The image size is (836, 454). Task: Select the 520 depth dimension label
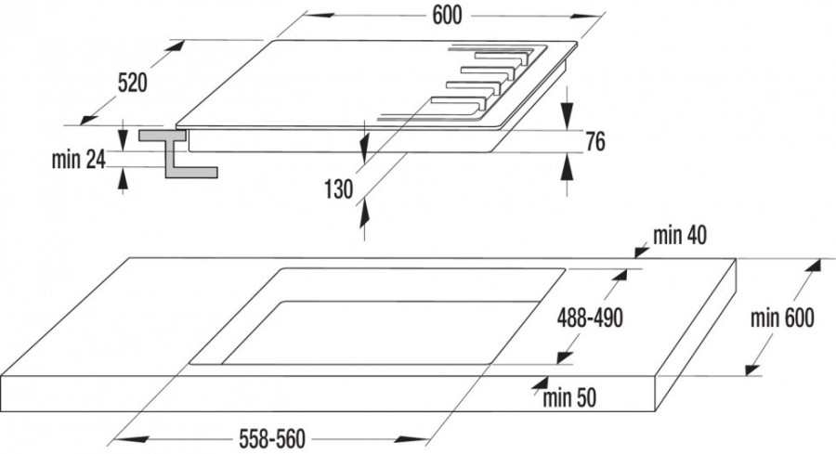tap(132, 83)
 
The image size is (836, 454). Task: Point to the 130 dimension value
tap(338, 189)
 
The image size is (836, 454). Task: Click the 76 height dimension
tap(595, 142)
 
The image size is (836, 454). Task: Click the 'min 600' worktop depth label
tap(782, 318)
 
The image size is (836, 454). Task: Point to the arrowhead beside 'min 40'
tap(639, 250)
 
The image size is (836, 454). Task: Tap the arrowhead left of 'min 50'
tap(538, 382)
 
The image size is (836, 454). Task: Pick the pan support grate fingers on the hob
tap(483, 78)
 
